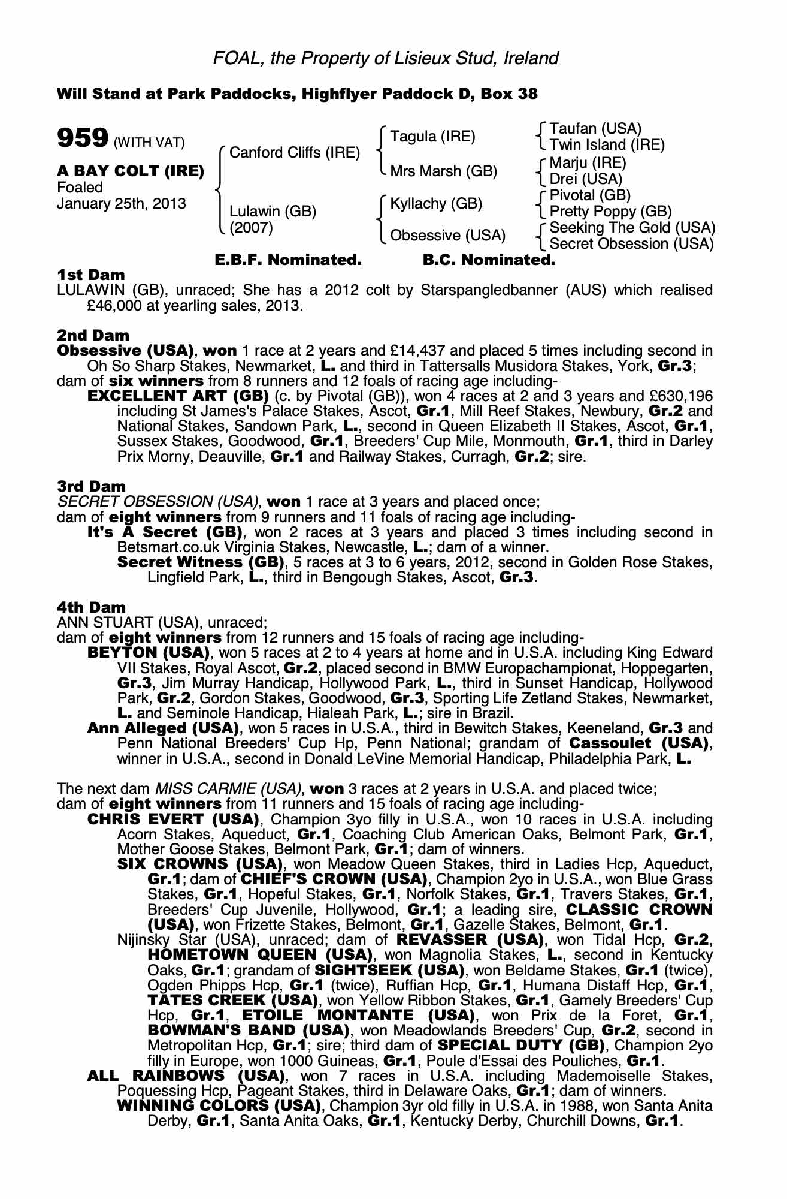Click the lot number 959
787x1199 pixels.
click(x=82, y=138)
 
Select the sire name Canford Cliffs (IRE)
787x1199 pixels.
click(x=295, y=153)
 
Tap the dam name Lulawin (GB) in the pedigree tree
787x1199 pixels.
click(x=273, y=211)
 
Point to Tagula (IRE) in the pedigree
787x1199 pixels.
click(x=432, y=137)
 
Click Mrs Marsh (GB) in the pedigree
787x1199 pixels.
click(x=443, y=171)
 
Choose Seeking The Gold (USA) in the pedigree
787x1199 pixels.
click(x=632, y=228)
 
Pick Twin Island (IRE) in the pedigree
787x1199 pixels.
click(x=607, y=145)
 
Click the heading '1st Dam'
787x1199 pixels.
click(x=90, y=275)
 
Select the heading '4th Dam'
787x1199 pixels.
click(x=91, y=608)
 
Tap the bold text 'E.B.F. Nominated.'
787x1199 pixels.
click(x=288, y=260)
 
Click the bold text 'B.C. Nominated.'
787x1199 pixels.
click(x=489, y=260)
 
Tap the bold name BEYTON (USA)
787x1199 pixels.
click(x=148, y=653)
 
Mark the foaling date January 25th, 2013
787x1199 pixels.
click(x=121, y=204)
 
